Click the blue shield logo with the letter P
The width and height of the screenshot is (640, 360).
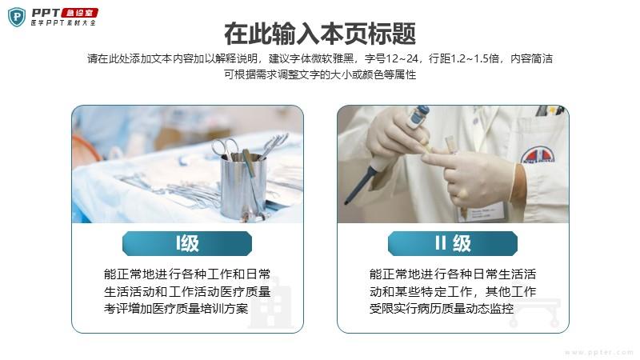17,17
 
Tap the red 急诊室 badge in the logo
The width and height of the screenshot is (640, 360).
80,13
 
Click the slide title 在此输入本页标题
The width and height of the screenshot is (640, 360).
320,34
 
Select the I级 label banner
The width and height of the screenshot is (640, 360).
187,244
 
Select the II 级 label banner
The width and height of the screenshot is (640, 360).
453,244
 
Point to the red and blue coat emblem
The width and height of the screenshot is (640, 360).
538,155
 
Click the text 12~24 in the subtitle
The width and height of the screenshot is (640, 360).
402,58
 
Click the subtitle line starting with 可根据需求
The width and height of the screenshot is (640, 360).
320,74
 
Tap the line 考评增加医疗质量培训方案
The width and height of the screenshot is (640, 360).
176,309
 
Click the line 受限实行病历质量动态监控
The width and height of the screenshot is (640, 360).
442,309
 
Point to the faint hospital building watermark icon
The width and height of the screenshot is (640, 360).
271,303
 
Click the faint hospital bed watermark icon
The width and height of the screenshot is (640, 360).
534,313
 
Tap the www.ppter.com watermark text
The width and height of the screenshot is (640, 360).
598,352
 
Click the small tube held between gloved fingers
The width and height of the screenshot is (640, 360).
450,145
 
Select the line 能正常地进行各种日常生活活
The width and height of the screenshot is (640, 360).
452,274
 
